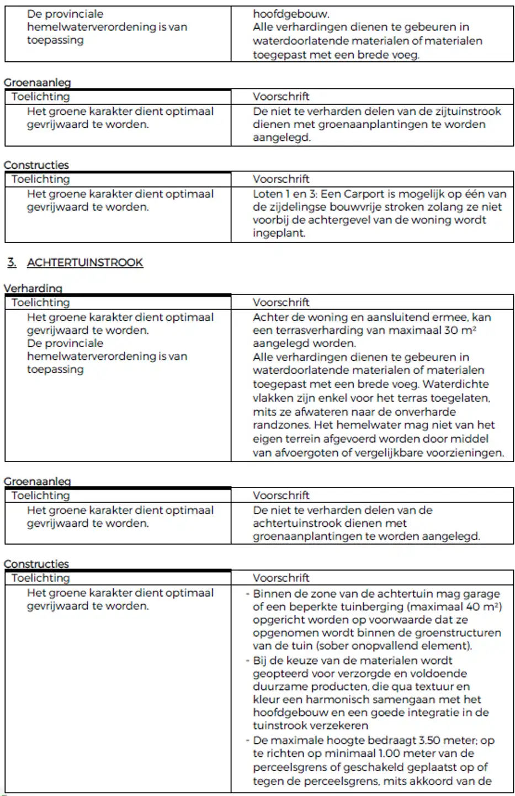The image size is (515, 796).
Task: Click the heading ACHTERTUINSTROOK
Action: coord(84,263)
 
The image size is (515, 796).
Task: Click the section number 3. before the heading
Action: coord(12,263)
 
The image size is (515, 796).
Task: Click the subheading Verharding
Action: coord(33,288)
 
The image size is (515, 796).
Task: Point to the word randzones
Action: coord(280,425)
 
